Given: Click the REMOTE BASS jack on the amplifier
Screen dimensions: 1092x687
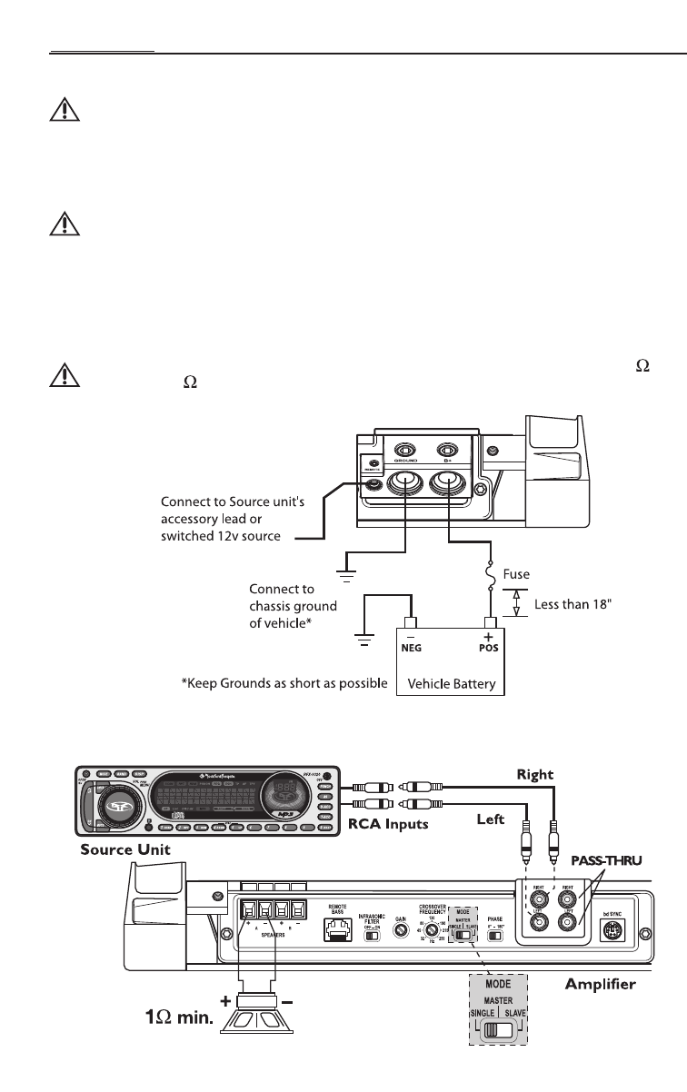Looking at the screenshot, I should [x=337, y=929].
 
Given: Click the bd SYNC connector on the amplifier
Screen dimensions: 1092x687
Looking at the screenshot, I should [x=612, y=928].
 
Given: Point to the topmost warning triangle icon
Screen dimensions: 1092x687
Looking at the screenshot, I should [x=62, y=111].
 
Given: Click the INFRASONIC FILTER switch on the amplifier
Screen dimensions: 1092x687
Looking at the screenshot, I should [x=371, y=934].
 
